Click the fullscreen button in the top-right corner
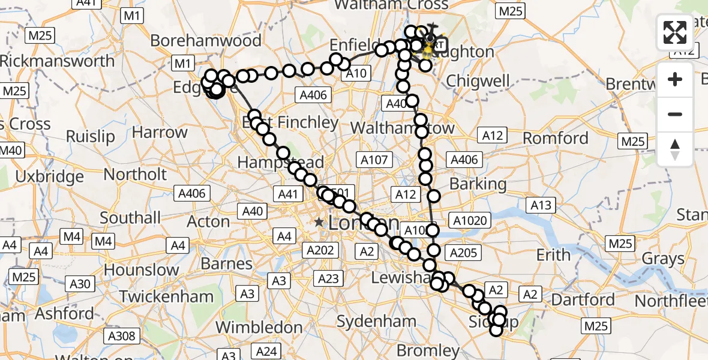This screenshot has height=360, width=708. click(675, 32)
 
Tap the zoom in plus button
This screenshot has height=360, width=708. click(675, 79)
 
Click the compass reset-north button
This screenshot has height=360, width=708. click(675, 149)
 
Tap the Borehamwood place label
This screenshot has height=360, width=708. click(206, 41)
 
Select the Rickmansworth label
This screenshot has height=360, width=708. click(57, 61)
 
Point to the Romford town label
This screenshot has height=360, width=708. click(556, 138)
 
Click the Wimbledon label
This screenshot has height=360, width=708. click(259, 328)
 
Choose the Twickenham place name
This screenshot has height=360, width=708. click(166, 296)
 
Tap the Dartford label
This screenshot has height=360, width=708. click(583, 299)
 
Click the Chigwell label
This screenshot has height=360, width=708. click(478, 80)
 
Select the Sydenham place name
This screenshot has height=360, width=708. click(376, 321)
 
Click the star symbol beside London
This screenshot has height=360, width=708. click(319, 223)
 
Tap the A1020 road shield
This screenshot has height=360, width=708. click(470, 221)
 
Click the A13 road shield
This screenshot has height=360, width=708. click(541, 205)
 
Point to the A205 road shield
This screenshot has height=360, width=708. click(463, 253)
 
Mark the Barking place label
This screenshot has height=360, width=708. click(478, 184)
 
